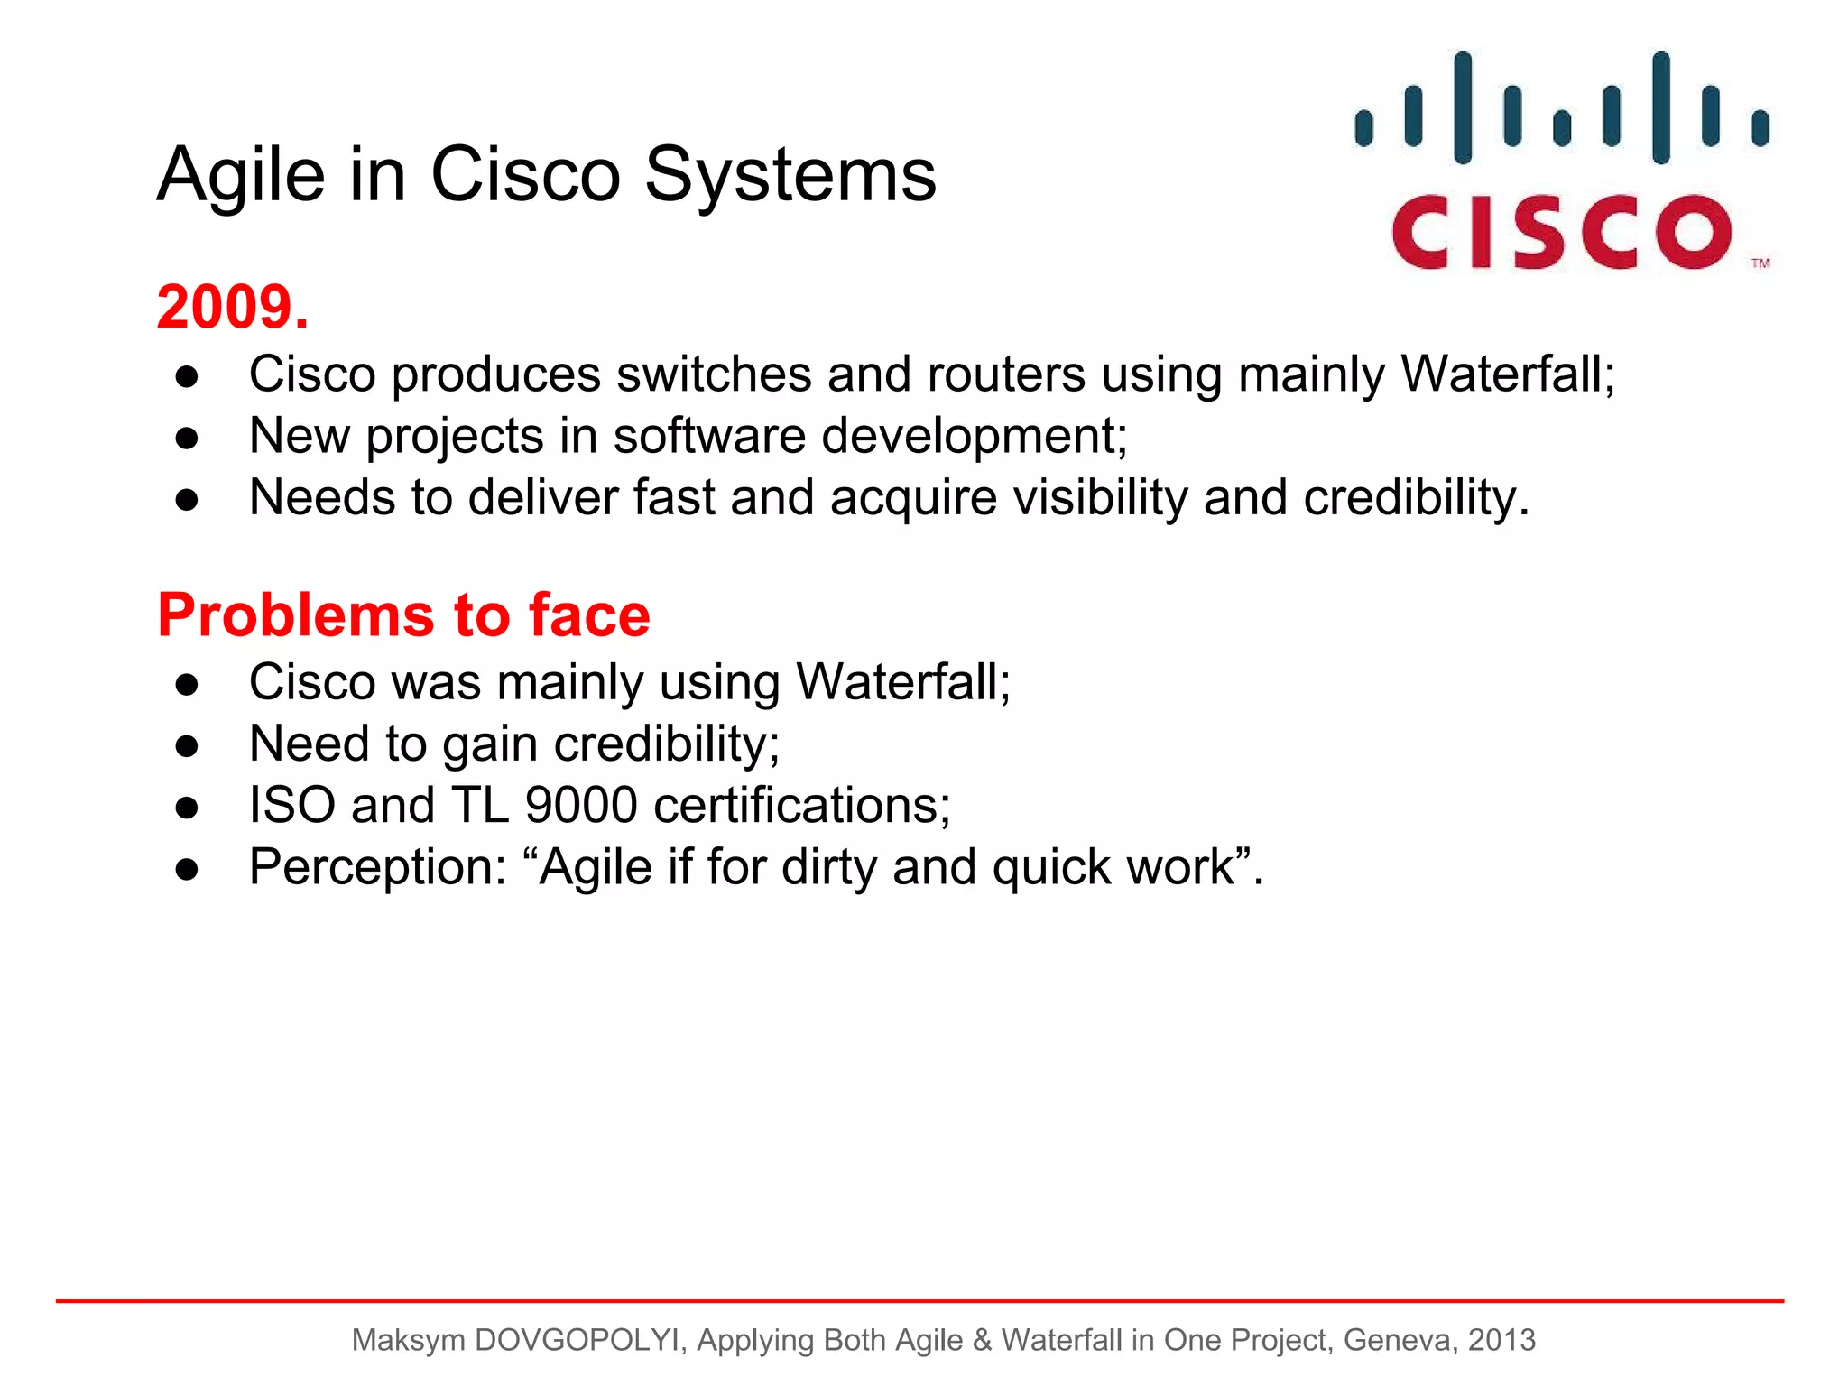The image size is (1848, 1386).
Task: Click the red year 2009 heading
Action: pyautogui.click(x=232, y=308)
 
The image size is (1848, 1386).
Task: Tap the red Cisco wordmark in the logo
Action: pyautogui.click(x=1561, y=232)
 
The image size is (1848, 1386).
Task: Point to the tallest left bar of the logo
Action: pyautogui.click(x=1463, y=108)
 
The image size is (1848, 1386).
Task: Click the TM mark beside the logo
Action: pyautogui.click(x=1760, y=263)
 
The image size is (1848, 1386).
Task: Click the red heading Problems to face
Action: pyautogui.click(x=403, y=615)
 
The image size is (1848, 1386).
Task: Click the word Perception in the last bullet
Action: pyautogui.click(x=378, y=867)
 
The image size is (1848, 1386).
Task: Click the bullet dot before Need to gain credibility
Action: pyautogui.click(x=187, y=745)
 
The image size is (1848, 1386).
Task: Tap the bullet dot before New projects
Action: pyautogui.click(x=187, y=438)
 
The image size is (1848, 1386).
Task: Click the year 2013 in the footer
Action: pyautogui.click(x=1501, y=1340)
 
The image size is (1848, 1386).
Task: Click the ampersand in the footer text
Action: pyautogui.click(x=982, y=1340)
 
